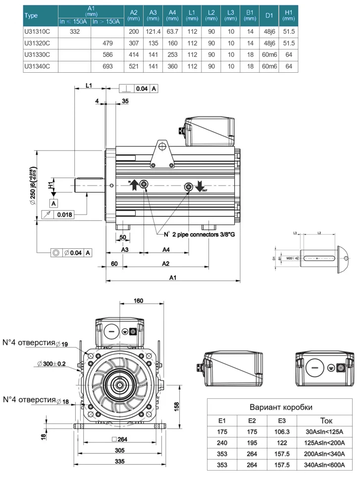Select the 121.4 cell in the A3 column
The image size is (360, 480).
coord(152,31)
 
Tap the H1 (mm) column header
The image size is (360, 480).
coord(288,15)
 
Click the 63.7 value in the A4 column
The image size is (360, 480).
coord(172,31)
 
